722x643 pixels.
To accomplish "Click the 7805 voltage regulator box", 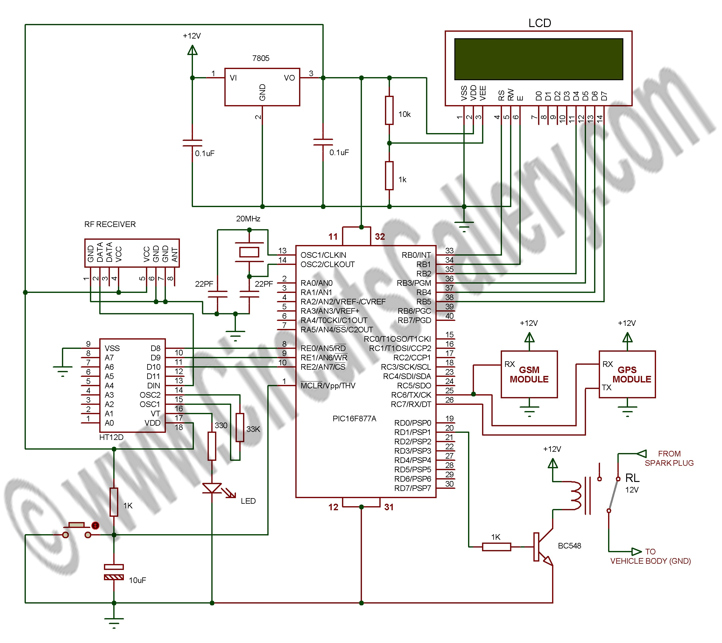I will pyautogui.click(x=262, y=87).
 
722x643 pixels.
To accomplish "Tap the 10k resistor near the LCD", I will pyautogui.click(x=389, y=110).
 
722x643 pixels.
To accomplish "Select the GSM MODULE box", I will pyautogui.click(x=529, y=374).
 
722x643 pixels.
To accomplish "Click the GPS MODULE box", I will pyautogui.click(x=627, y=374).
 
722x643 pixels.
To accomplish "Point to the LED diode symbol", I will pyautogui.click(x=212, y=488).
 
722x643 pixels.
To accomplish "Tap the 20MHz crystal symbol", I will pyautogui.click(x=249, y=252).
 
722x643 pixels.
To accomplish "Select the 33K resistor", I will pyautogui.click(x=240, y=428).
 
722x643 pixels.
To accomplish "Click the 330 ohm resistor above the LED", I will pyautogui.click(x=212, y=446).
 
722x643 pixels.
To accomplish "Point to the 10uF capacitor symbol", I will pyautogui.click(x=114, y=572).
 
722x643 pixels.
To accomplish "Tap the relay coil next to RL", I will pyautogui.click(x=576, y=495).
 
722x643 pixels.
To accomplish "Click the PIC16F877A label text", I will pyautogui.click(x=354, y=419).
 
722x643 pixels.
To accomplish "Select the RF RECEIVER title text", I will pyautogui.click(x=110, y=224).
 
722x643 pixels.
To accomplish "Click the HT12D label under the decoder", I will pyautogui.click(x=111, y=437).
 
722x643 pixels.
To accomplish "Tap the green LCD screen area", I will pyautogui.click(x=538, y=59).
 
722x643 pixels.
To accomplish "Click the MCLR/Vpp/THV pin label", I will pyautogui.click(x=328, y=386).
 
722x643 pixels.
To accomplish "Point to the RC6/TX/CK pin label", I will pyautogui.click(x=411, y=395).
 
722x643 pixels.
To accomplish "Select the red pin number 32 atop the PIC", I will pyautogui.click(x=380, y=237).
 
